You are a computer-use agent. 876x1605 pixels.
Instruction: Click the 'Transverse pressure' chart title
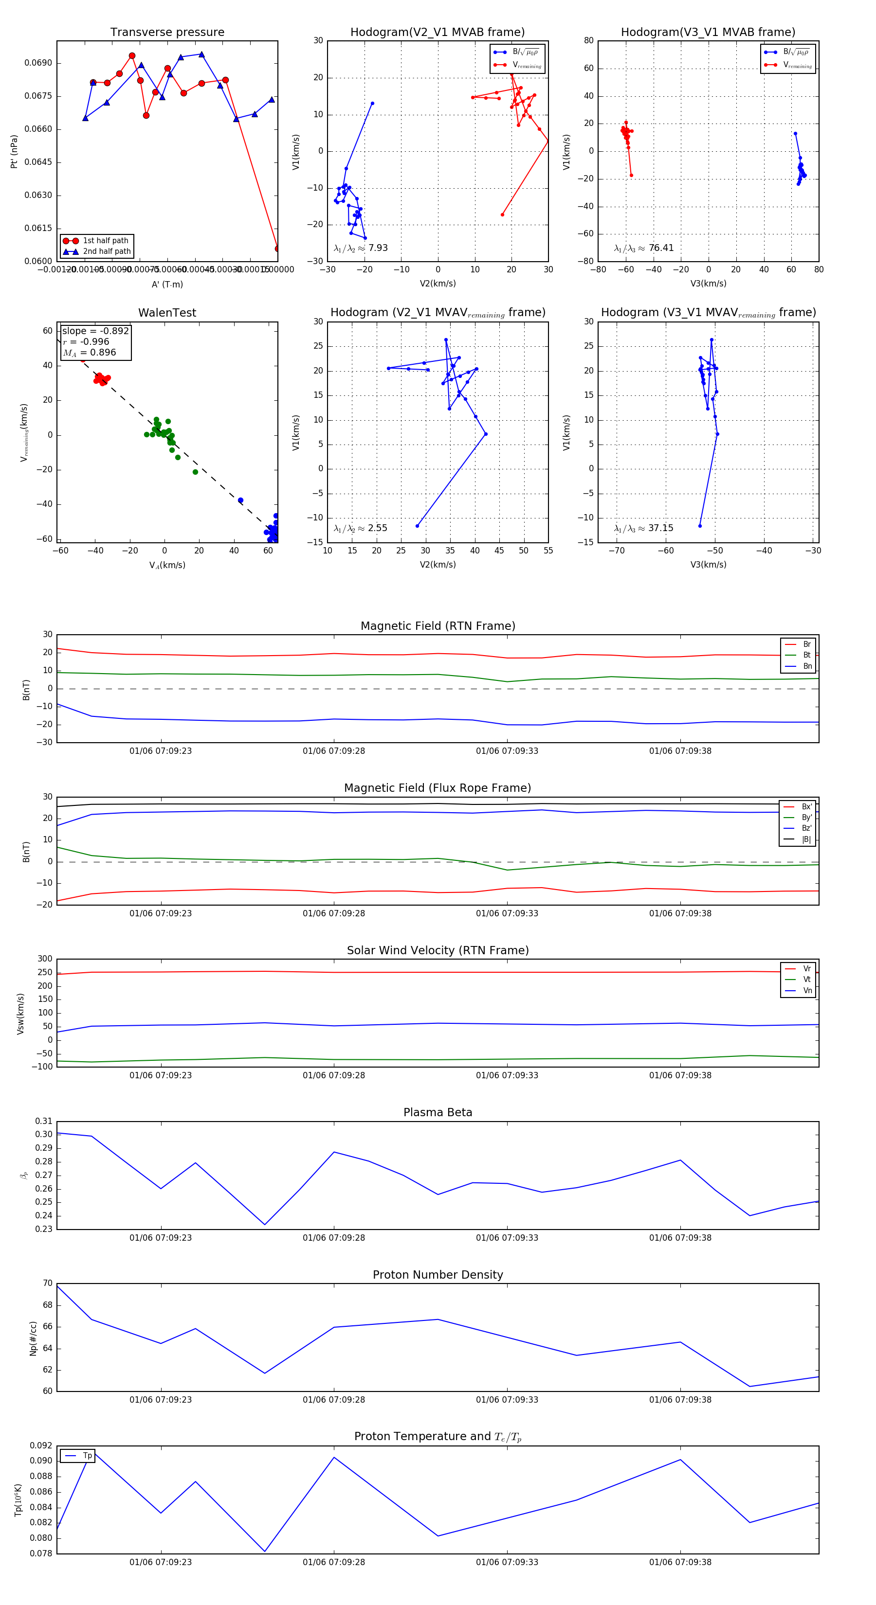coord(167,32)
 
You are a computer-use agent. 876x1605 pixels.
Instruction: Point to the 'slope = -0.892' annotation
coord(95,331)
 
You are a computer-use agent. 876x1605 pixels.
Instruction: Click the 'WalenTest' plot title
coord(167,313)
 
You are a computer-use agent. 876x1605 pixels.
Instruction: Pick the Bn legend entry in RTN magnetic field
coord(807,666)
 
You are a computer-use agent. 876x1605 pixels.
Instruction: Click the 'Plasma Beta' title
coord(438,1112)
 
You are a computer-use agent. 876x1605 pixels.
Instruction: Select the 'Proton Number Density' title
coord(438,1274)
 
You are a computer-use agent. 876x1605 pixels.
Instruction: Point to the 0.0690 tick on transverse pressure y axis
coord(38,63)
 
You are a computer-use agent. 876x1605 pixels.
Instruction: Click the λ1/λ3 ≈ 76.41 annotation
coord(643,248)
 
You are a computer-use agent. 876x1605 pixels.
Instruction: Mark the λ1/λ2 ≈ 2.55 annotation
coord(360,528)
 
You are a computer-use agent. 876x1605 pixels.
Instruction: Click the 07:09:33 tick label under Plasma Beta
coord(507,1237)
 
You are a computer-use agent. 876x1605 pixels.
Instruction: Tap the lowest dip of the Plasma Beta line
coord(265,1224)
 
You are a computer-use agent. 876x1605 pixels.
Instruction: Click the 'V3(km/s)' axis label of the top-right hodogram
coord(708,284)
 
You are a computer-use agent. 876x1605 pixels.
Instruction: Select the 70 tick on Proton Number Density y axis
coord(47,1283)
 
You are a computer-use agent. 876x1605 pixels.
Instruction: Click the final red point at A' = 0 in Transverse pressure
coord(277,249)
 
